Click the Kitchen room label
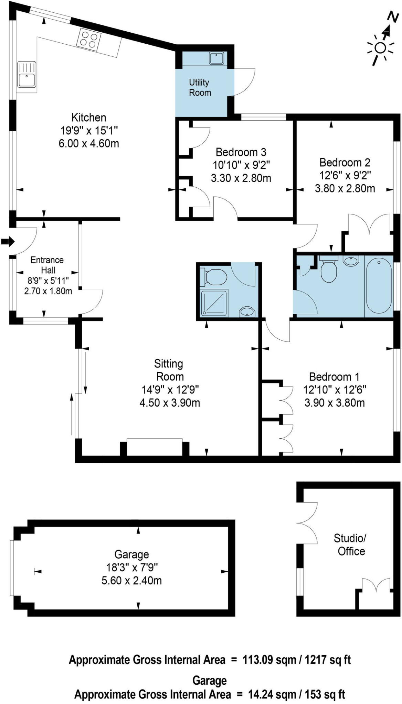coord(88,118)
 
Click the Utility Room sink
coord(217,58)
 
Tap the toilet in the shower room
coord(214,277)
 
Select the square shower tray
coord(214,303)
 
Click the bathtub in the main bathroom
coord(379,285)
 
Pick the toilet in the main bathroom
coord(328,270)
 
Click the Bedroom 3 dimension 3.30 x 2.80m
coord(241,178)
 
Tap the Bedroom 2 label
coord(345,162)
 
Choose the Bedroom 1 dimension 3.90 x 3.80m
coord(335,403)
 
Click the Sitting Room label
coord(169,370)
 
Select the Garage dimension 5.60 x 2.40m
coord(131,581)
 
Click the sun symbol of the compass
coord(380,48)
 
